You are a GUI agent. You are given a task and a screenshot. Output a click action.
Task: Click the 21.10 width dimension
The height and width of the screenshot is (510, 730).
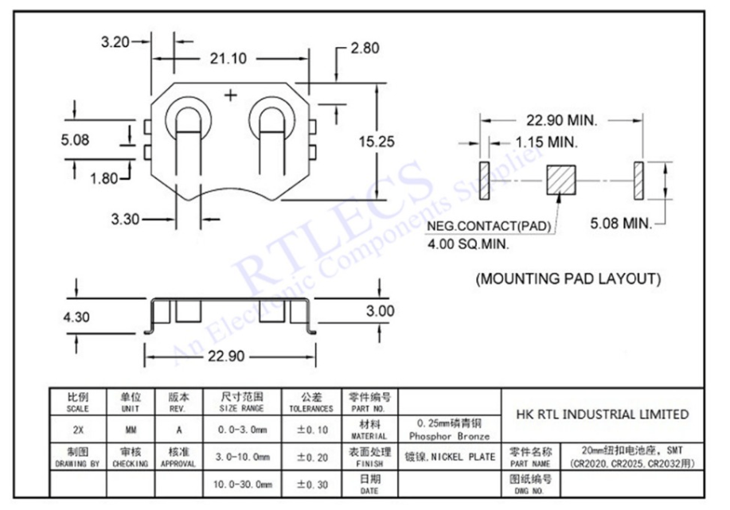click(x=228, y=58)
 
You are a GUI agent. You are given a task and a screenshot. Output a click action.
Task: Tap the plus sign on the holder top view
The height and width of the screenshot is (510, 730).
click(x=232, y=95)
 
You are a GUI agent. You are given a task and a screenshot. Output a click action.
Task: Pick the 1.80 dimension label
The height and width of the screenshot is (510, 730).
click(x=104, y=178)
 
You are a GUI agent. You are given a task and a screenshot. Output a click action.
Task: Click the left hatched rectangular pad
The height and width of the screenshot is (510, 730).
click(x=483, y=181)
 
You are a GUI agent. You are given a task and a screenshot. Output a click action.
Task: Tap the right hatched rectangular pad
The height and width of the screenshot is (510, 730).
click(x=638, y=181)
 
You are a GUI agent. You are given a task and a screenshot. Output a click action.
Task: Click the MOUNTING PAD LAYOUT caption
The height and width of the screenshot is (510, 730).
click(x=568, y=279)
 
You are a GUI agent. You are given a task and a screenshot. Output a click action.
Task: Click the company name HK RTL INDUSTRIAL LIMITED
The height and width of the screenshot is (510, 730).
click(x=603, y=414)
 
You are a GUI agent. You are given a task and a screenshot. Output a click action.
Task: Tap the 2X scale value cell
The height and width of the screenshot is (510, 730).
click(x=78, y=430)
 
